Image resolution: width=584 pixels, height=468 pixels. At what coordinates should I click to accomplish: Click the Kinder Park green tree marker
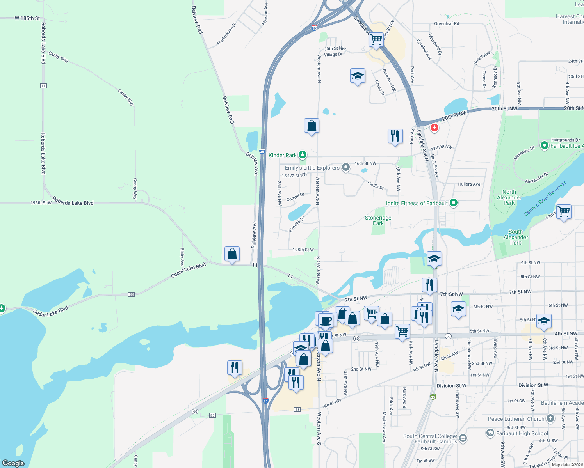pos(303,155)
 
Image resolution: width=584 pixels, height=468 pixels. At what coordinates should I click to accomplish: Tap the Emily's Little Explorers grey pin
pos(345,168)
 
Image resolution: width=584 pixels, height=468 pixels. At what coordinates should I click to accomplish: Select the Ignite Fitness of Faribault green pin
pos(453,203)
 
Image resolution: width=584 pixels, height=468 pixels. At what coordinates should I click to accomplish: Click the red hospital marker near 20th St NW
pos(434,128)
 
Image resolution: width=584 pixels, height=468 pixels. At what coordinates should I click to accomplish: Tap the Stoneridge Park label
pos(378,220)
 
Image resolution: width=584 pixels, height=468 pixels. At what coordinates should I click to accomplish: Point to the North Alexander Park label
pos(509,197)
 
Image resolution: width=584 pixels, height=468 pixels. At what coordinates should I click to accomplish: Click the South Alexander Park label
pos(515,237)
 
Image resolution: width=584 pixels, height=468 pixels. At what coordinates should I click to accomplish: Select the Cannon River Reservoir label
pos(545,198)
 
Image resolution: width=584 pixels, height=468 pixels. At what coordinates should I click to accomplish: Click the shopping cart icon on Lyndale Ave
pos(376,39)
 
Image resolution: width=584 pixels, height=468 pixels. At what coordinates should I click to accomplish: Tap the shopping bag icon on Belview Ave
pos(232,254)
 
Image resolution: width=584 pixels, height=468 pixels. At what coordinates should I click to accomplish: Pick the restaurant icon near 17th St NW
pos(395,136)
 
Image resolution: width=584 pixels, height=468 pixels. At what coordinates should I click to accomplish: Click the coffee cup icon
pos(326,321)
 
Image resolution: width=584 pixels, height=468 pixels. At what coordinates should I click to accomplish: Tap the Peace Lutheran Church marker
pos(550,418)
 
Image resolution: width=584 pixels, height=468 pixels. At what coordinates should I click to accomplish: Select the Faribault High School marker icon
pos(490,433)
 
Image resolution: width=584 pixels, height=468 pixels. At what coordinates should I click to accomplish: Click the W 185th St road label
pos(27,18)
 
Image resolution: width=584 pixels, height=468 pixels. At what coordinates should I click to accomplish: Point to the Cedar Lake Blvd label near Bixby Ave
pos(188,271)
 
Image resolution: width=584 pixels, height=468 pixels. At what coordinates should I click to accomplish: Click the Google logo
pos(13,463)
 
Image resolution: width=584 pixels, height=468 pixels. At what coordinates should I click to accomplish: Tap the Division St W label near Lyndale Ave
pos(451,385)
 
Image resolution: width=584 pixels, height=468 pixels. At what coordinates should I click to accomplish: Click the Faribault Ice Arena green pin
pos(545,145)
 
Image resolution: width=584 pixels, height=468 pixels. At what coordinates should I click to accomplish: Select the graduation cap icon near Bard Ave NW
pos(358,76)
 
